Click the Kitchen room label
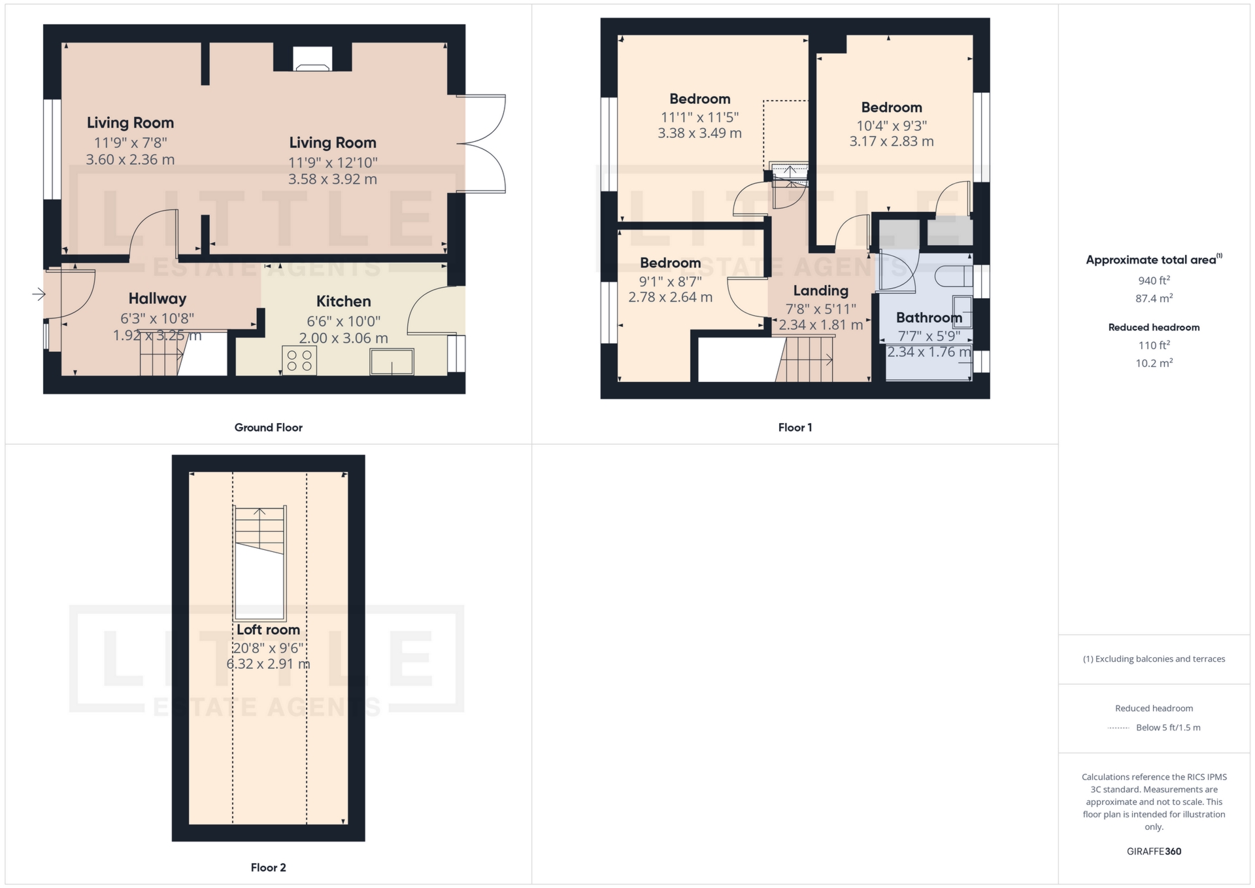[x=343, y=301]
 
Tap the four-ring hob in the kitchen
[x=299, y=360]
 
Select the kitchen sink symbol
[x=392, y=362]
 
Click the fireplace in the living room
[x=312, y=60]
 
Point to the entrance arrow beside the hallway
[x=39, y=295]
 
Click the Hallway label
[x=158, y=299]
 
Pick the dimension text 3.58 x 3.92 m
[x=333, y=179]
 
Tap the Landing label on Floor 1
[x=820, y=291]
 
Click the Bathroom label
[x=928, y=318]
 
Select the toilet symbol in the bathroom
[x=953, y=276]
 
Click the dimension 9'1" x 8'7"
[x=670, y=281]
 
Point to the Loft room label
[x=268, y=630]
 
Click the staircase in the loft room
[x=259, y=530]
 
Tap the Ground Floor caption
[x=268, y=428]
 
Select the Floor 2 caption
[x=268, y=868]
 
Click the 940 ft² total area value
[x=1154, y=281]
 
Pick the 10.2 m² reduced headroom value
[x=1154, y=363]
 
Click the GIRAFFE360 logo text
[x=1154, y=851]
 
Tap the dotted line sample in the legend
[x=1118, y=728]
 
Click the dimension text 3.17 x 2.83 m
[x=891, y=142]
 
